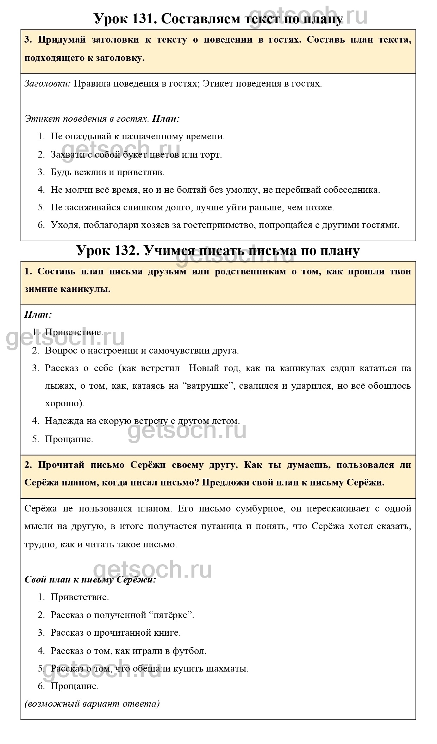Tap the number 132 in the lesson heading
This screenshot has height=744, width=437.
(125, 250)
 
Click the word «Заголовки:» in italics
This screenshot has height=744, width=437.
(48, 84)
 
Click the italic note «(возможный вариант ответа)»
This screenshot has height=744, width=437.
(92, 704)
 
